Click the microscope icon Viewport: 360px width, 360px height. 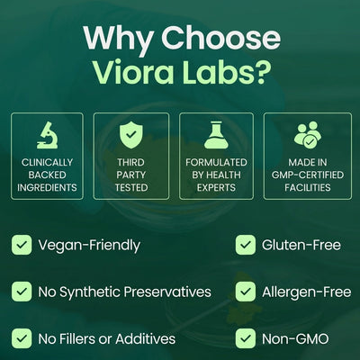47,135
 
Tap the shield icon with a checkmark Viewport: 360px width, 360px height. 131,136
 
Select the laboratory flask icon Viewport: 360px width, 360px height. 216,135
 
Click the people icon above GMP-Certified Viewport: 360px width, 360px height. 308,135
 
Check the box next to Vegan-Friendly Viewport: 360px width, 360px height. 22,245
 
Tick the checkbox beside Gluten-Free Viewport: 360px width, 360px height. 246,245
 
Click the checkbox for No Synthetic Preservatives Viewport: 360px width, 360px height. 22,292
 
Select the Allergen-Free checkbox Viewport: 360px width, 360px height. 246,292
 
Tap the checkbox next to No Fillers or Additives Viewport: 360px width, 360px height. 22,338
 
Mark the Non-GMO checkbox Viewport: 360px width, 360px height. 246,338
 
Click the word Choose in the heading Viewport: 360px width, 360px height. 221,38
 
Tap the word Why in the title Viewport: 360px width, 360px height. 118,41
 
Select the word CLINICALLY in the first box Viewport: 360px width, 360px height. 47,162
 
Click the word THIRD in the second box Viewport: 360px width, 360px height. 130,162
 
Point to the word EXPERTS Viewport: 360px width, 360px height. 216,187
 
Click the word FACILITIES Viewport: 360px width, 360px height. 308,187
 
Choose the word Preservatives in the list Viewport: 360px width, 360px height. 167,292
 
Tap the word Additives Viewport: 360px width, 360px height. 146,338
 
